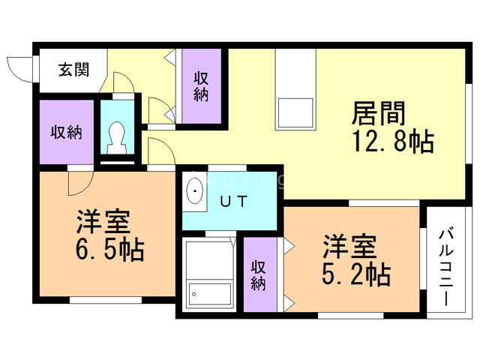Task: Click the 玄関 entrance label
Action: [x=73, y=70]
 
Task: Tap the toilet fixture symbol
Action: [x=117, y=135]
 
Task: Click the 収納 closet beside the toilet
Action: [x=66, y=132]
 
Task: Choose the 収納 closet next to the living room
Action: [x=201, y=86]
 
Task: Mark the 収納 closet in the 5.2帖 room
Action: [x=259, y=275]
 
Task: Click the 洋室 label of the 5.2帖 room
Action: [x=349, y=246]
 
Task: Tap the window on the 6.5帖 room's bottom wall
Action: [x=105, y=300]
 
